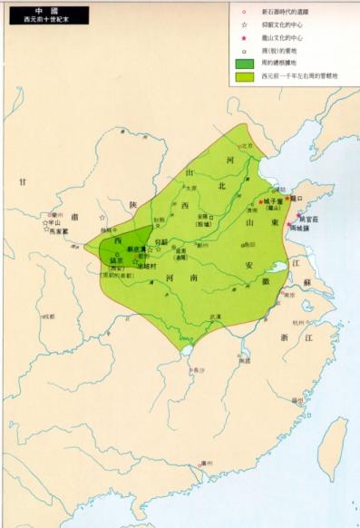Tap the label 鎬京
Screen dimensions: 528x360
pos(116,260)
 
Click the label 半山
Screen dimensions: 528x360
pos(52,221)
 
